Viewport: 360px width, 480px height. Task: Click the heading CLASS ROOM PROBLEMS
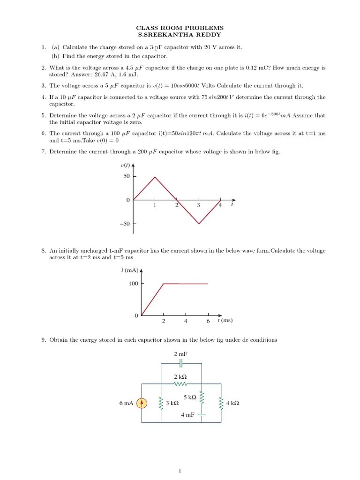click(180, 28)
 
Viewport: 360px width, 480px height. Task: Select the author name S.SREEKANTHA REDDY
click(180, 35)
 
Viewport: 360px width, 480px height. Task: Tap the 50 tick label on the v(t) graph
click(126, 176)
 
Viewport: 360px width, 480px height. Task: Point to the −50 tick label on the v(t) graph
click(125, 224)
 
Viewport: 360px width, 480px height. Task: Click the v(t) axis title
click(126, 165)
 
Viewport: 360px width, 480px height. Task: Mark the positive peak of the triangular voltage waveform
click(155, 177)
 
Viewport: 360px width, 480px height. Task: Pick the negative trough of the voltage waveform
click(199, 224)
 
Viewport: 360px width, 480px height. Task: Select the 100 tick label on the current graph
click(133, 284)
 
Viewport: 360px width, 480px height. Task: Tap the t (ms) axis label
click(225, 321)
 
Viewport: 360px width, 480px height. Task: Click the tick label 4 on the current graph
click(186, 322)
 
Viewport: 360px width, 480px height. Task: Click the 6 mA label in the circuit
click(127, 403)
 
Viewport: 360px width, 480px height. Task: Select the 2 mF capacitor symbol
click(180, 363)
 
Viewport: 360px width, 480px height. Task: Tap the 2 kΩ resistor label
click(180, 377)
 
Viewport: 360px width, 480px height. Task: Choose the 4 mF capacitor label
click(187, 415)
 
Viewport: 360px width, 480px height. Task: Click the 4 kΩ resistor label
click(232, 403)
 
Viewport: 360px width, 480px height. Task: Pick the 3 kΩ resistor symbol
click(161, 403)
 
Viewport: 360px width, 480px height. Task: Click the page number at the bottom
click(180, 471)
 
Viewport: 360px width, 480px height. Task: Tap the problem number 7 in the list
click(43, 152)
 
